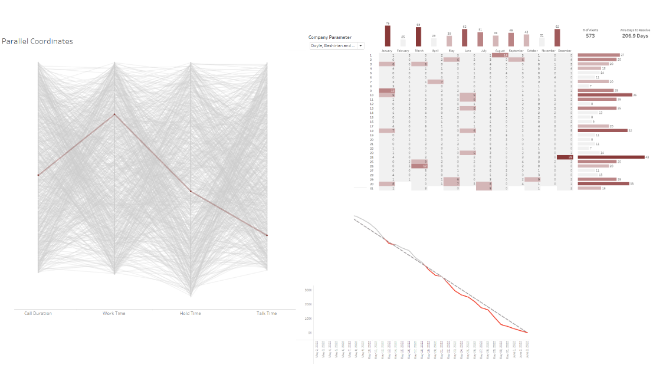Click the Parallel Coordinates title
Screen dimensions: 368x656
click(38, 41)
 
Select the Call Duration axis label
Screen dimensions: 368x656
click(38, 313)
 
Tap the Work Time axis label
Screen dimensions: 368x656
click(114, 313)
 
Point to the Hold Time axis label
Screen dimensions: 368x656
click(190, 313)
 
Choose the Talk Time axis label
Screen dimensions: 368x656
click(267, 313)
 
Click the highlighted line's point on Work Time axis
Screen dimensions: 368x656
click(114, 114)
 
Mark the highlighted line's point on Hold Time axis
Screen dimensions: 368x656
click(191, 191)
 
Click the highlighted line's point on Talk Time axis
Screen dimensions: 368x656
click(267, 235)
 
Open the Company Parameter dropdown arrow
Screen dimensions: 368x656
click(360, 45)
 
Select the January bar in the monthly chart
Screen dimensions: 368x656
click(388, 36)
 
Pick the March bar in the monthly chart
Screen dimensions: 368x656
click(418, 37)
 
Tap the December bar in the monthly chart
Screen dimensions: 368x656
click(557, 38)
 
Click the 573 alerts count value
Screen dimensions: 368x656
click(590, 36)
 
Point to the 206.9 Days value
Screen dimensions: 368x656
click(635, 36)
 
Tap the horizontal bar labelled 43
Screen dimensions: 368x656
click(611, 157)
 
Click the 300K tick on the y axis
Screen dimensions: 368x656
click(308, 290)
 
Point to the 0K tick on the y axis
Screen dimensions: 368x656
click(309, 333)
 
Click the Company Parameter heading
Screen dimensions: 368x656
click(330, 37)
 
